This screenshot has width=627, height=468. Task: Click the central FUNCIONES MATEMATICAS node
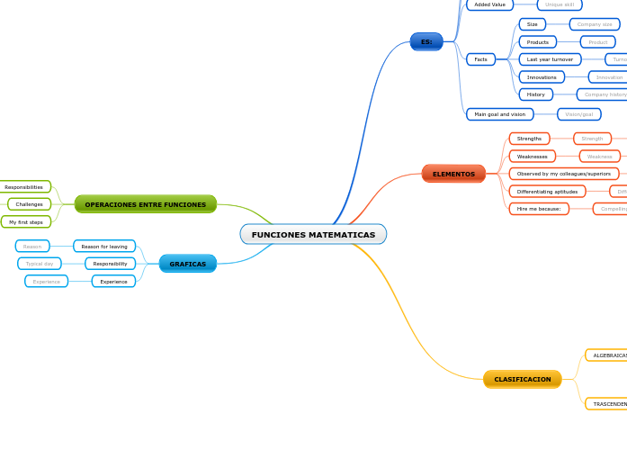313,235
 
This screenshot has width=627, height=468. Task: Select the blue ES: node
426,41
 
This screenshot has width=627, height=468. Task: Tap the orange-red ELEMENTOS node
453,174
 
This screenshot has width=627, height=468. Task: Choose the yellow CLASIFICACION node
522,380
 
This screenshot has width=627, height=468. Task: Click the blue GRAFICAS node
187,264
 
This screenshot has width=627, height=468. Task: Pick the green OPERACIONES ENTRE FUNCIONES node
145,204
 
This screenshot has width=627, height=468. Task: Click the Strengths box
529,139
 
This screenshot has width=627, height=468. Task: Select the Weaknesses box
532,157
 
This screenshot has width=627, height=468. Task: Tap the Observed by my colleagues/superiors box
563,174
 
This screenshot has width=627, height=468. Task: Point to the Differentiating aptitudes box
547,192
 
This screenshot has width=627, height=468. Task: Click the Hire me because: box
538,209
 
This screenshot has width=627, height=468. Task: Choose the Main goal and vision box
499,114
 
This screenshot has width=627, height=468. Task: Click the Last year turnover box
550,59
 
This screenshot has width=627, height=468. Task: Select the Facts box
480,59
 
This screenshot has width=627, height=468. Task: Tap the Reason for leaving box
104,247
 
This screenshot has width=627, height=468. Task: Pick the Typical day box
40,264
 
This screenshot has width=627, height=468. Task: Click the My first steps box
26,222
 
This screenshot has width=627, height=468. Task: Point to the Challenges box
29,204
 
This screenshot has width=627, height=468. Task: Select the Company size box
594,24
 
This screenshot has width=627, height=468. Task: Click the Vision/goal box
578,114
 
